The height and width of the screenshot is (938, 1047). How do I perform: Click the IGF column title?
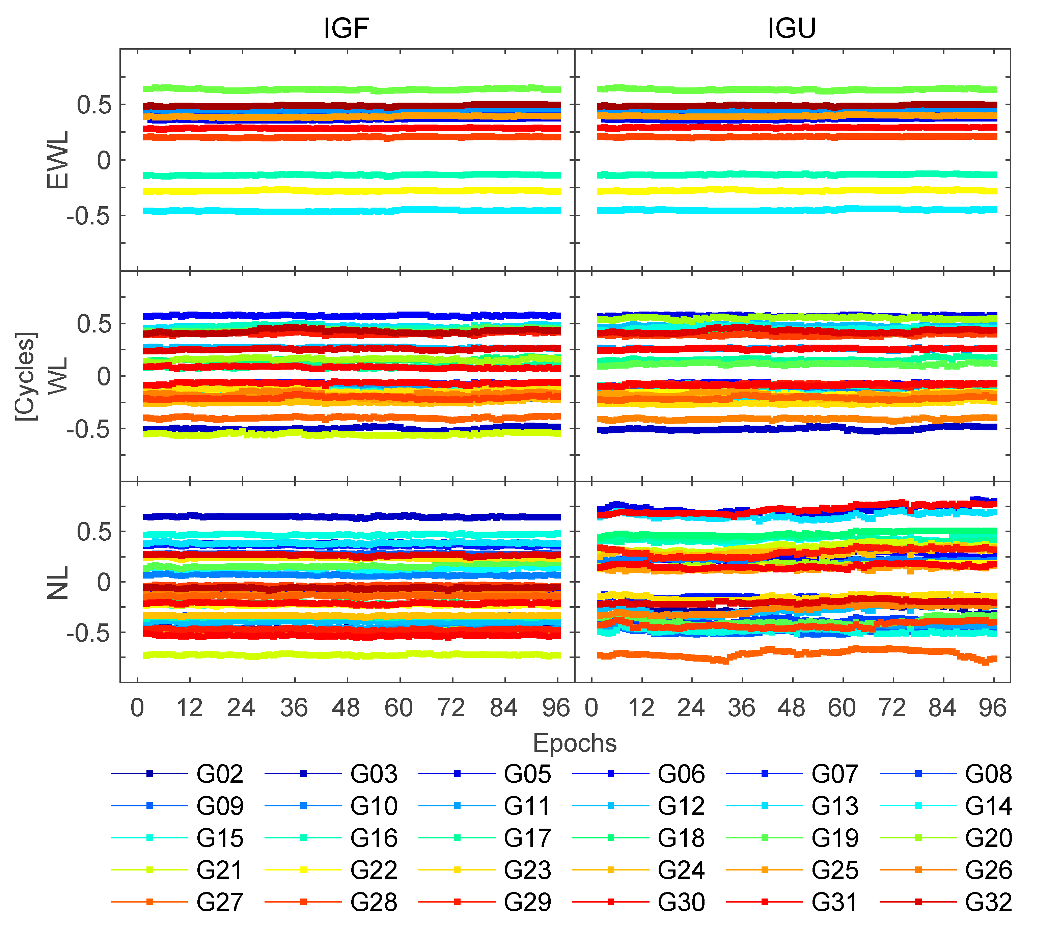point(346,28)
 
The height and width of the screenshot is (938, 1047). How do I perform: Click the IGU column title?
point(792,28)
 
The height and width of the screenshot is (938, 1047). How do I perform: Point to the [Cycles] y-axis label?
point(26,376)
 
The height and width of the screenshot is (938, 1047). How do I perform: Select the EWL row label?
point(58,160)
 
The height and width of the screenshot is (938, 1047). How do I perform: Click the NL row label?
point(58,582)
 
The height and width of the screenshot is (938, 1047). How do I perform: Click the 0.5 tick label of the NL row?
point(94,532)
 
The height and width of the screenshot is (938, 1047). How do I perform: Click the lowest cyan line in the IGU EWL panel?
point(794,210)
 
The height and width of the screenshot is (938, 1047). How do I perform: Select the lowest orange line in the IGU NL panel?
point(794,653)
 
